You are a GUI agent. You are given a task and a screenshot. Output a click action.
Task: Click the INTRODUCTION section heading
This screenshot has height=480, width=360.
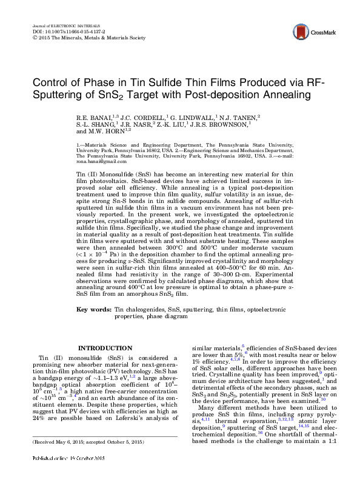click(x=98, y=347)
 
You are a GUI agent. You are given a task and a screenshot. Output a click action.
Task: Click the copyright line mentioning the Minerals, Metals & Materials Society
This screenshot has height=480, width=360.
click(x=88, y=37)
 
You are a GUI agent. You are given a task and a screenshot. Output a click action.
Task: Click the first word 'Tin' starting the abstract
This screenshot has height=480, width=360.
click(x=81, y=173)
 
